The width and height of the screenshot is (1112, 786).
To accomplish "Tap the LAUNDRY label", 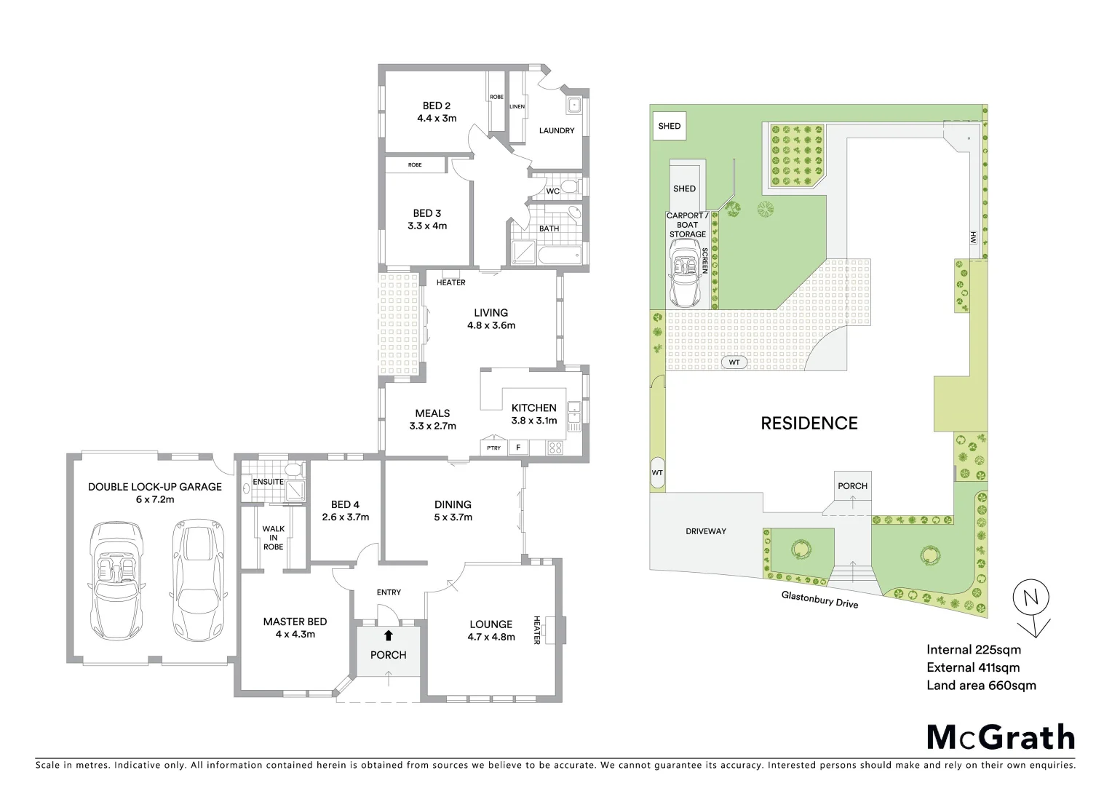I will (557, 131).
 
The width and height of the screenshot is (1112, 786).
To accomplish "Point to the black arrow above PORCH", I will (389, 635).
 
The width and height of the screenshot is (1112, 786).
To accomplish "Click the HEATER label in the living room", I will (450, 282).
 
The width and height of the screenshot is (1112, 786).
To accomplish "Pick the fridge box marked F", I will (518, 448).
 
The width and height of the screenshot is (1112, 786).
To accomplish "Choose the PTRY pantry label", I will (493, 448).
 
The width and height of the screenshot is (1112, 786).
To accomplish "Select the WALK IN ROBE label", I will (274, 538).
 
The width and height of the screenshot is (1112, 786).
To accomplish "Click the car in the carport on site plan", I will (685, 275).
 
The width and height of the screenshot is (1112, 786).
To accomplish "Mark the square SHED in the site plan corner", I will (669, 126).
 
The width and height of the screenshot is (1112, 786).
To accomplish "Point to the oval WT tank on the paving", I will (734, 362).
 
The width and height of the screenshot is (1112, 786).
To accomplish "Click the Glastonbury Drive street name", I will (819, 599).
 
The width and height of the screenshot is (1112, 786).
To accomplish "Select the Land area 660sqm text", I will (981, 685).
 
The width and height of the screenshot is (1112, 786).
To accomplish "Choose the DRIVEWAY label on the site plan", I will (706, 531).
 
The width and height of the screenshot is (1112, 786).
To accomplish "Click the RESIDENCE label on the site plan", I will (809, 423).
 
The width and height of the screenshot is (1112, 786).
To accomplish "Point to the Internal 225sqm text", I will (973, 650).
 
